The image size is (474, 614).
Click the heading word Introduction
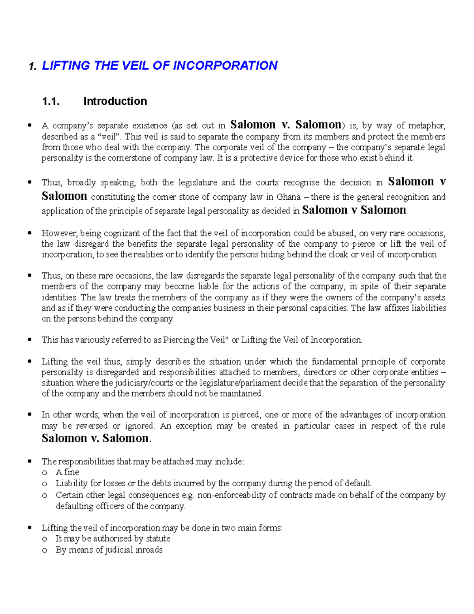coord(115,102)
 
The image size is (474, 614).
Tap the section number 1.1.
coord(51,102)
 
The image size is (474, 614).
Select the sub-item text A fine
coord(67,472)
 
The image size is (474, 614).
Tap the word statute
coord(158,538)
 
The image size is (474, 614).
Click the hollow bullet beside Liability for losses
coord(45,484)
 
